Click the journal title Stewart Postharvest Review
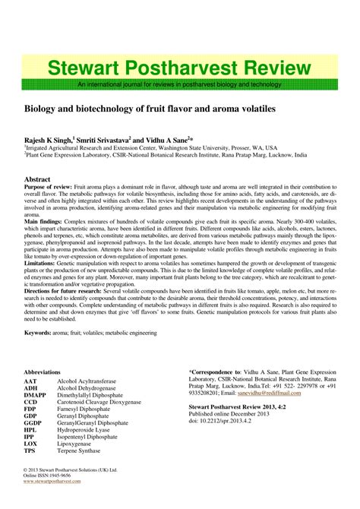point(179,68)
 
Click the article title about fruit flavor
point(149,109)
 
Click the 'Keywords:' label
point(42,354)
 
